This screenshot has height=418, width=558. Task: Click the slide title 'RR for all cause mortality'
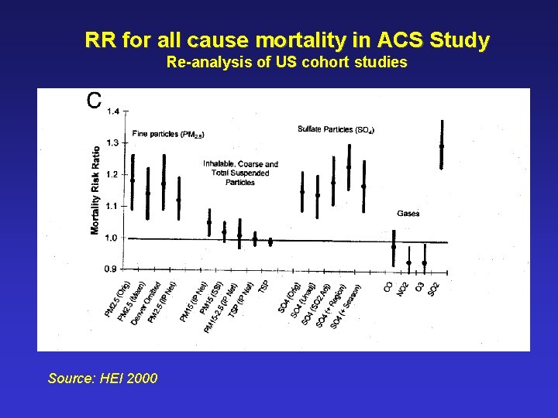(287, 40)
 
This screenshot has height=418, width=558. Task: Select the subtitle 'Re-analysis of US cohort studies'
(287, 63)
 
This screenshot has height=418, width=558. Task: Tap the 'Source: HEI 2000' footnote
(102, 379)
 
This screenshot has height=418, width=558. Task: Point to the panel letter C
(94, 101)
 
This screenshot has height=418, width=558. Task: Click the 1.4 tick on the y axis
(114, 111)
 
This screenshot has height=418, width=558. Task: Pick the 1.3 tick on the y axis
(114, 143)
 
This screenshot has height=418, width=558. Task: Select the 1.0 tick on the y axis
(114, 238)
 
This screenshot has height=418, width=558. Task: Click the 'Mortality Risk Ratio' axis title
(95, 190)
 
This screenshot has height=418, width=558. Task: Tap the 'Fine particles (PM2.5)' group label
(168, 135)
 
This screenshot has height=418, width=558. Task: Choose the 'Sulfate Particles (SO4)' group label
(336, 129)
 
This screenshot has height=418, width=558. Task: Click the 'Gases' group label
(408, 213)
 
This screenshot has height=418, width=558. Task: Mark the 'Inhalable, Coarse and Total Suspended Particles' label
(240, 173)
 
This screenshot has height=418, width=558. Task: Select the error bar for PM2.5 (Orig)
(133, 180)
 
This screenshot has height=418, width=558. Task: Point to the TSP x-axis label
(263, 286)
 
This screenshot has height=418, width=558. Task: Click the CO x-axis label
(388, 286)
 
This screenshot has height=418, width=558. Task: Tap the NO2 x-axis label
(403, 288)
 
